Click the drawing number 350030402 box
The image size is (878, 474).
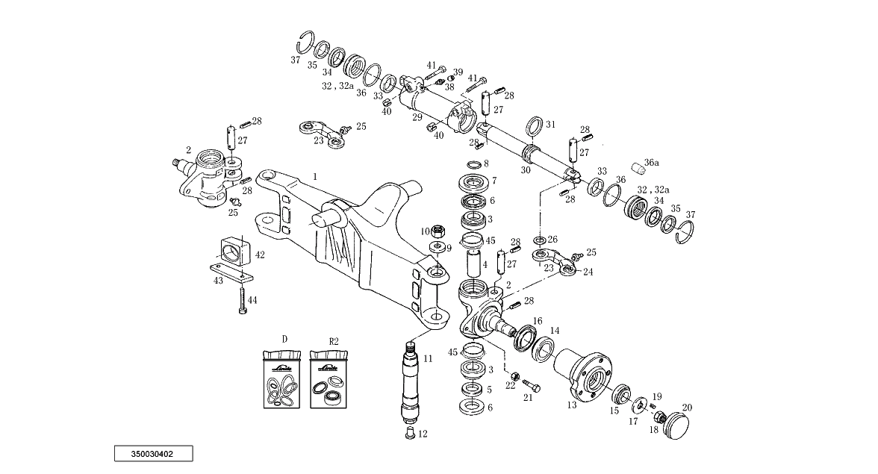[154, 453]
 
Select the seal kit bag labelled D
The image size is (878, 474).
[282, 379]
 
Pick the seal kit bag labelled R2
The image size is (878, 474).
[329, 379]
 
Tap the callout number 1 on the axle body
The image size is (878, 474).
[315, 177]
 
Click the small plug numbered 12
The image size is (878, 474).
[409, 434]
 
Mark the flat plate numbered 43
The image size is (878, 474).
[231, 273]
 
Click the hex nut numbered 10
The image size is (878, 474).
[440, 229]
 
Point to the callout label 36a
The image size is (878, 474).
[651, 163]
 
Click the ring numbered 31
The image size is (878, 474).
[535, 126]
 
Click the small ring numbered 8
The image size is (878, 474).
[473, 164]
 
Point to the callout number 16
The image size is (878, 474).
[538, 321]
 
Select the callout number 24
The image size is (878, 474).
[588, 272]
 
